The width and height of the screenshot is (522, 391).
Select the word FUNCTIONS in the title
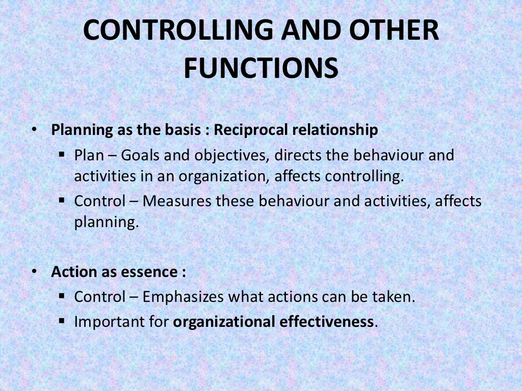tap(260, 68)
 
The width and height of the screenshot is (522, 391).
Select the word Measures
tap(177, 201)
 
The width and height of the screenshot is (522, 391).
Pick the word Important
tap(106, 322)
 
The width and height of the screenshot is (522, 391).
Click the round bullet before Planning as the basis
tap(34, 130)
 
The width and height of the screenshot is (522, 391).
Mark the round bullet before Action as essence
tap(34, 272)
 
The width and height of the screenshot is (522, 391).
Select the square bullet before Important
tap(62, 321)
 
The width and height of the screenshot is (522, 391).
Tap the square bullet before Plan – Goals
tap(62, 154)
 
